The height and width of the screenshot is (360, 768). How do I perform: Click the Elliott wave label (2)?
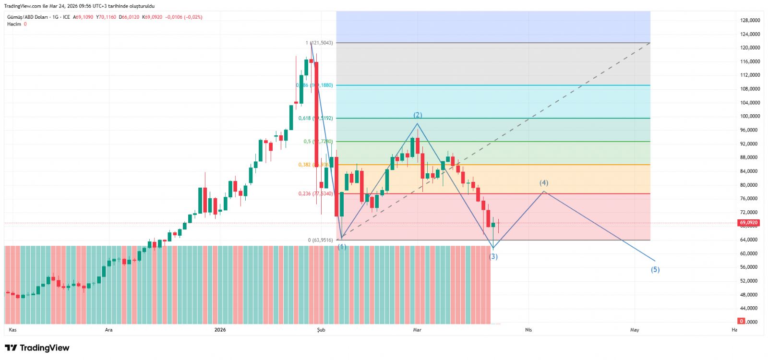click(418, 115)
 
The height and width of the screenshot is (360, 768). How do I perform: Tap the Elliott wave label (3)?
click(493, 257)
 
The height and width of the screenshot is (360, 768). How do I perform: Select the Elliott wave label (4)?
click(544, 183)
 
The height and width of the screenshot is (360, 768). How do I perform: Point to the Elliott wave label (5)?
click(655, 270)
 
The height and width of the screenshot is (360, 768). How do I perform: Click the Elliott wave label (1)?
click(342, 247)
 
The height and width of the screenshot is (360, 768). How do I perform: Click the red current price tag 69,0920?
click(748, 223)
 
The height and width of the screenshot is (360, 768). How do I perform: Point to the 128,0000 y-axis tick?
click(750, 21)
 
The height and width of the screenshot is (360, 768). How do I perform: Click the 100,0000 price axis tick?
click(750, 116)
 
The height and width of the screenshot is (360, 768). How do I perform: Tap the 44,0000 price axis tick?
click(750, 308)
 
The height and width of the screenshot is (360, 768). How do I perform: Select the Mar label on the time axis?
click(417, 330)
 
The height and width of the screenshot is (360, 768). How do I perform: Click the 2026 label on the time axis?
click(220, 330)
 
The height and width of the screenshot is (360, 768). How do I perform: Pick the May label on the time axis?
click(635, 330)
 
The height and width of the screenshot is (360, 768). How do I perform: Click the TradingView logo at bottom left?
click(37, 348)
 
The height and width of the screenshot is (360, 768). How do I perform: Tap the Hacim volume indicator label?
click(14, 24)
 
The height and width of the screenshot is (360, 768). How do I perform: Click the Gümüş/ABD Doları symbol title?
click(27, 17)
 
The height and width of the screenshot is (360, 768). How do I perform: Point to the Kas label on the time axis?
click(13, 330)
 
